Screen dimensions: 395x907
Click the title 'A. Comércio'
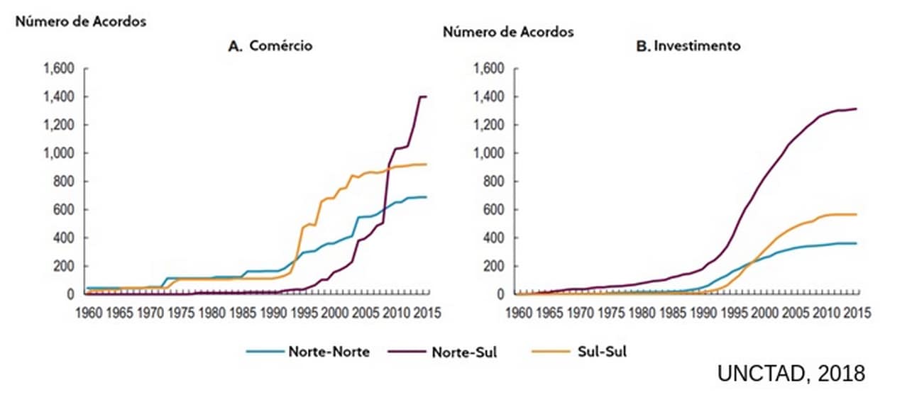click(270, 46)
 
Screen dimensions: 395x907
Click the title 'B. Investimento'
click(688, 46)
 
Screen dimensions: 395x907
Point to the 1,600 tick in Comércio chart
click(58, 69)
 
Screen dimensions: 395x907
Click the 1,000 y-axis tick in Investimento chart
click(489, 153)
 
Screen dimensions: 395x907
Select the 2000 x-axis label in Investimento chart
click(765, 313)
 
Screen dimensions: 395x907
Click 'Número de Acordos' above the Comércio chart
click(80, 21)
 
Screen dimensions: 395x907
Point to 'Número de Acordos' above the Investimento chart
click(508, 32)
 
